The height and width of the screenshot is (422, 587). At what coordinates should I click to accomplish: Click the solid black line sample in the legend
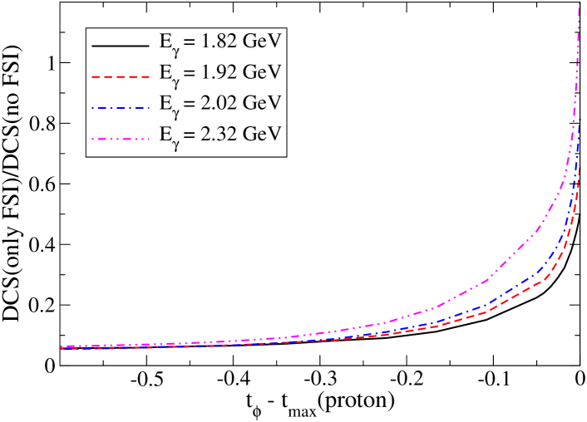(120, 42)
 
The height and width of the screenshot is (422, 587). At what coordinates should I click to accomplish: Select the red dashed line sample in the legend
(120, 74)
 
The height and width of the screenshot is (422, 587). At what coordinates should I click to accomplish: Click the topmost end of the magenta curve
(579, 3)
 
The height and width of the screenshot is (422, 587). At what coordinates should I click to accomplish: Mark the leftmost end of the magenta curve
(62, 346)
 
